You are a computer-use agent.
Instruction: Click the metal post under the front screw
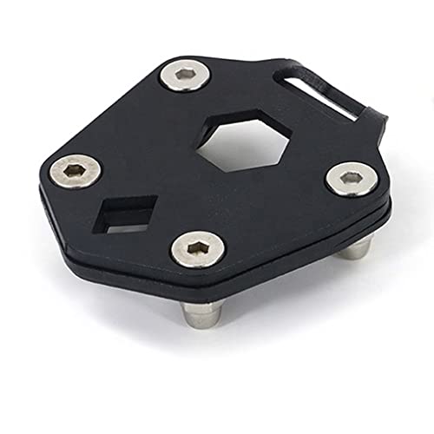[205, 312]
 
